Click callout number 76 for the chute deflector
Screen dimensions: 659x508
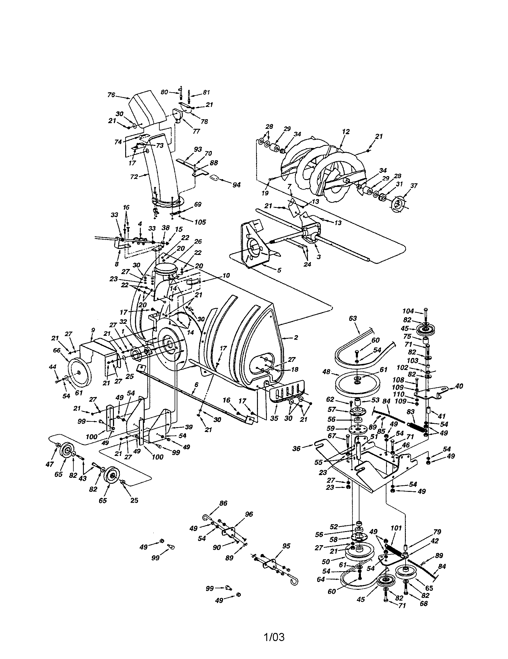(111, 95)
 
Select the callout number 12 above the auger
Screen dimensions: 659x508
(346, 132)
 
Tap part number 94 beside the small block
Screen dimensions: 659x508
(236, 185)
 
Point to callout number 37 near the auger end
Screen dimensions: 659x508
(414, 186)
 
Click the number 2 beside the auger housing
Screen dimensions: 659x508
(296, 337)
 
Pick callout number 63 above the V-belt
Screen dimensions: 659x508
(353, 318)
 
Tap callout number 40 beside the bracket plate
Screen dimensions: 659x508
(459, 386)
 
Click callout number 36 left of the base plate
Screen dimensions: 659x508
(297, 449)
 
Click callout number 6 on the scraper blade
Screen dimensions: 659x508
(196, 384)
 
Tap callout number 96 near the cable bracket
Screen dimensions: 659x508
(249, 514)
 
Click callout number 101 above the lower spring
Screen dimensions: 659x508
(396, 528)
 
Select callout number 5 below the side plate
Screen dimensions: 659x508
(279, 270)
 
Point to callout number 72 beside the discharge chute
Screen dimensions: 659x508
(134, 176)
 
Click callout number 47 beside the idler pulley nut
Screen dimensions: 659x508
(50, 464)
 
